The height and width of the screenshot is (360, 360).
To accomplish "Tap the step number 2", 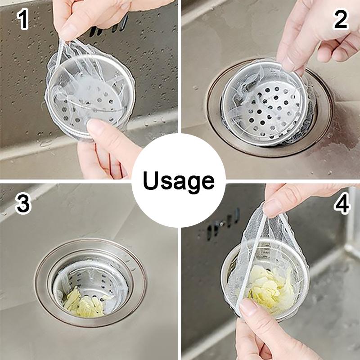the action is pyautogui.click(x=340, y=20).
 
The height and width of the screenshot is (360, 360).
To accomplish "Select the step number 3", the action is pyautogui.click(x=23, y=204).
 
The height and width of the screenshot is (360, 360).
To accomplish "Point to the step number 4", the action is pyautogui.click(x=342, y=204).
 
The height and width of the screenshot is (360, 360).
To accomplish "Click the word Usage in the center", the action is pyautogui.click(x=178, y=181).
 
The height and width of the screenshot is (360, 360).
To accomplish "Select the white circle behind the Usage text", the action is pyautogui.click(x=179, y=180).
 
